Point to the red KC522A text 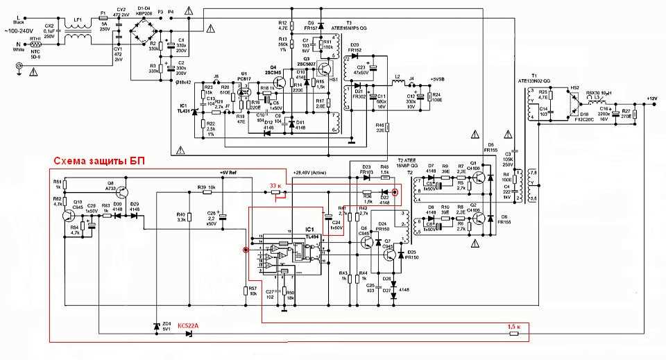point(187,325)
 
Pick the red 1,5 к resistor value point(513,325)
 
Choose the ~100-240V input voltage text point(22,32)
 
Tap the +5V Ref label point(228,172)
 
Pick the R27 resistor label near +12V point(626,111)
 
